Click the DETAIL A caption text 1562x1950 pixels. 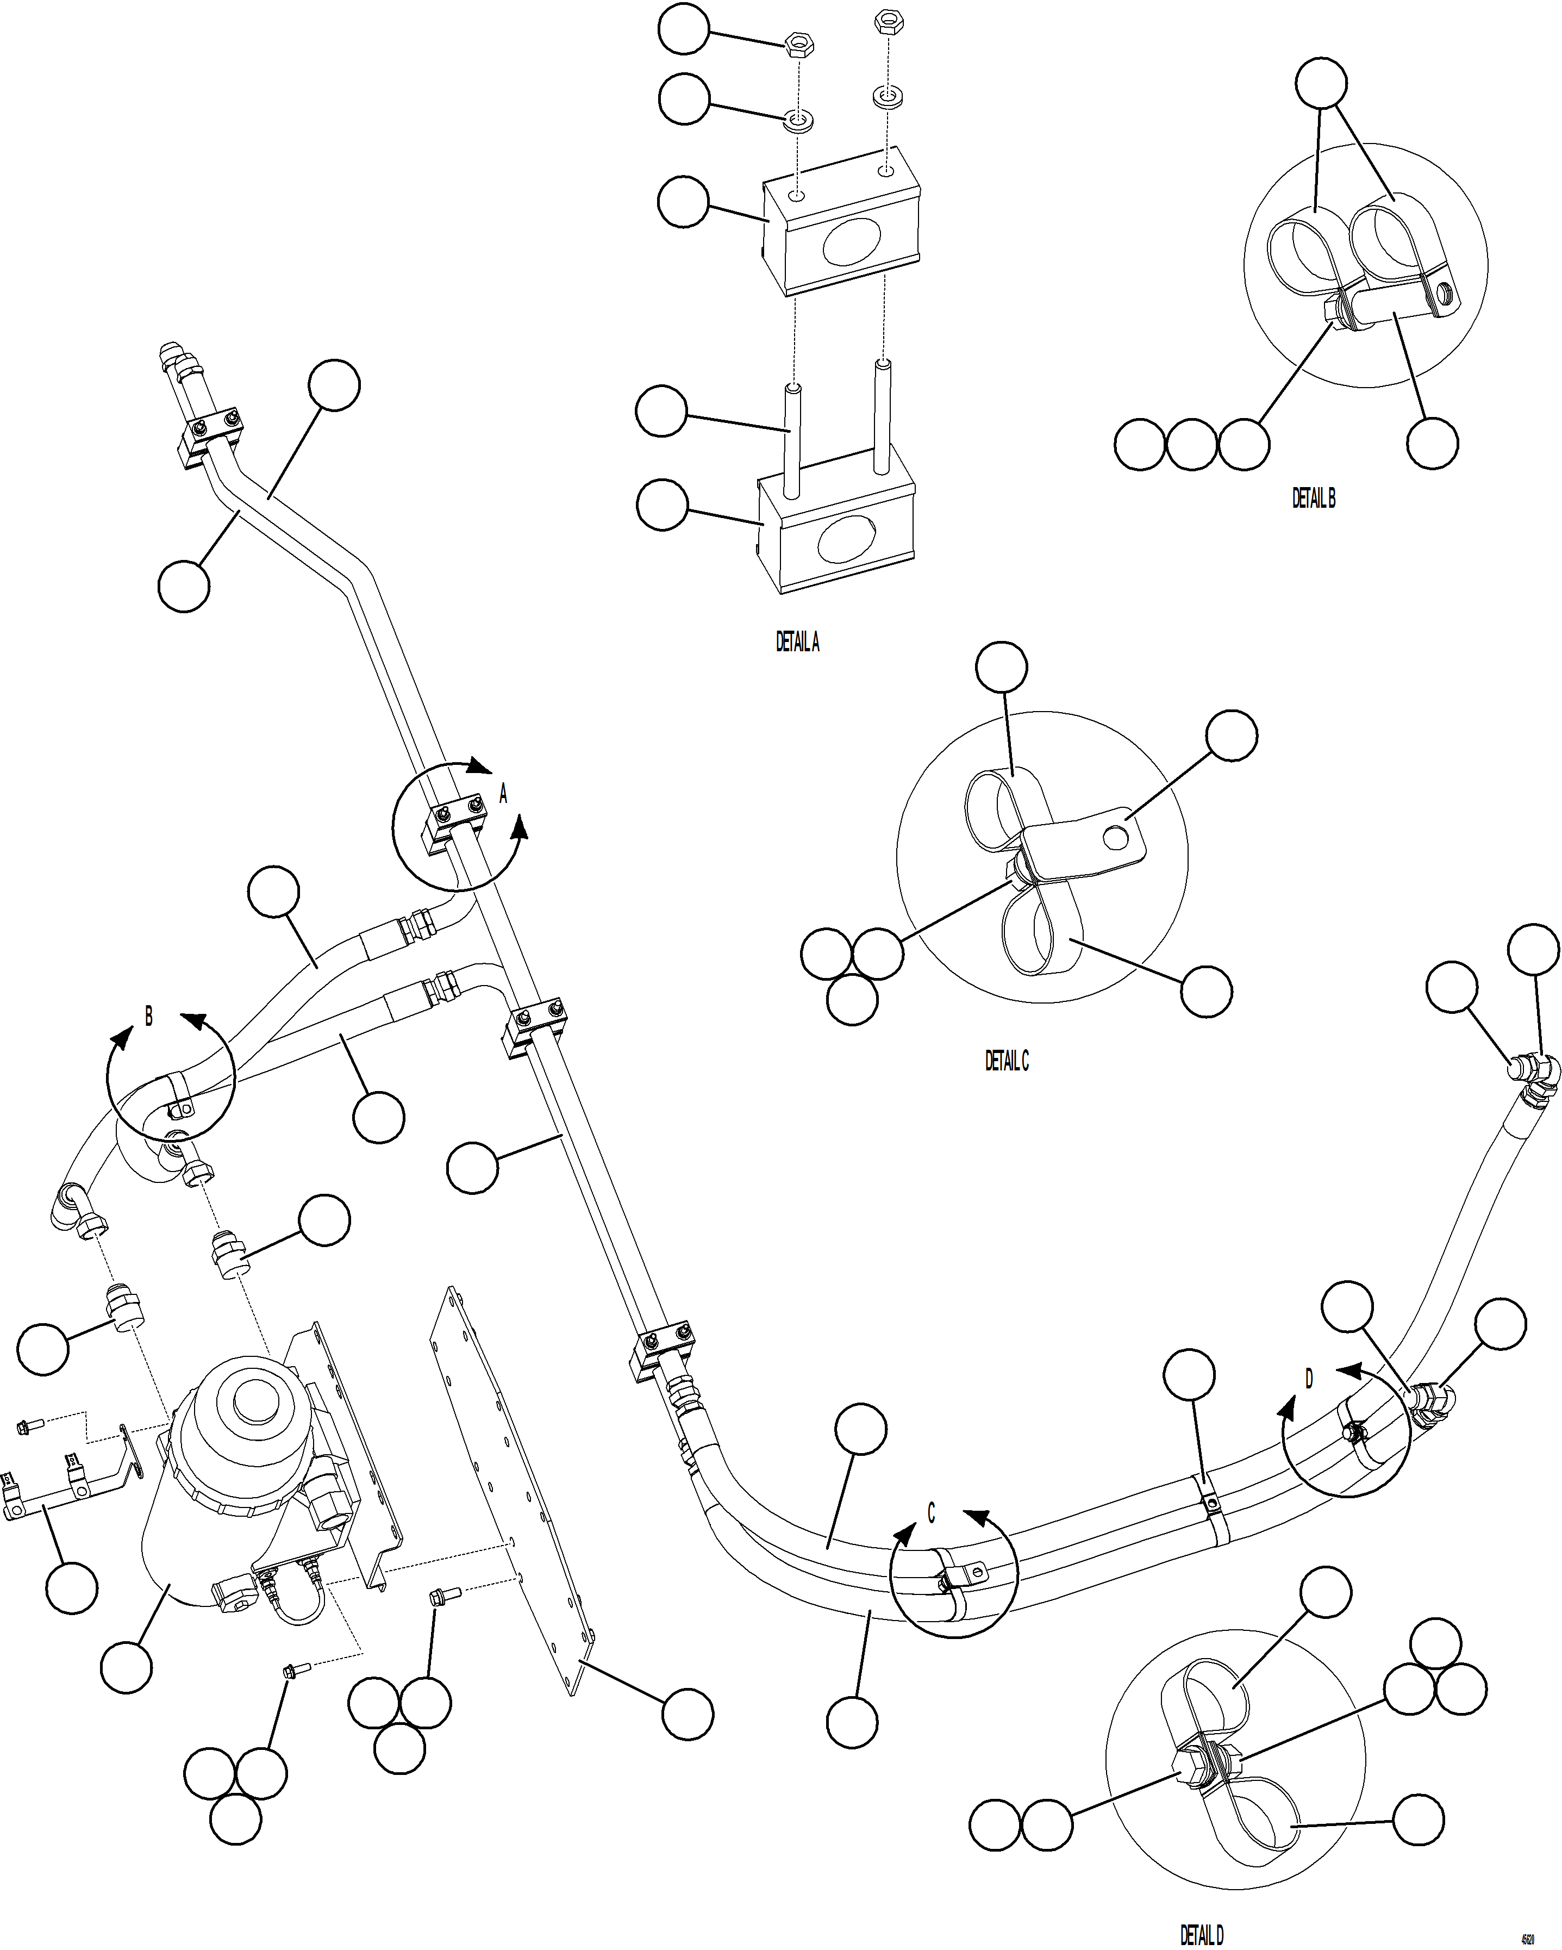[x=797, y=642]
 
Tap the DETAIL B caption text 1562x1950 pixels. [x=1313, y=497]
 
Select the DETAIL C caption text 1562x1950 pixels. [x=1007, y=1060]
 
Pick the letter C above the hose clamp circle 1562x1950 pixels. [x=932, y=1512]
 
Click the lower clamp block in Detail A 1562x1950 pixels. [x=836, y=534]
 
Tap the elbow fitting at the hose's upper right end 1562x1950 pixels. [x=1538, y=1072]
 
